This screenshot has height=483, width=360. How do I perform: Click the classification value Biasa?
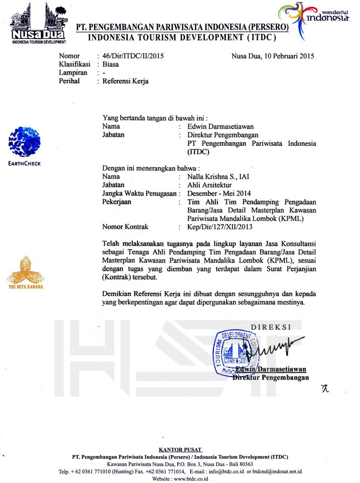point(111,64)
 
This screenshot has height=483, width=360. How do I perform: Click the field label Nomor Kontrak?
point(125,226)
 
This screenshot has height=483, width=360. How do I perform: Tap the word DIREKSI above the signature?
point(271,327)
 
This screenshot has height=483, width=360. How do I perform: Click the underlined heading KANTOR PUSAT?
point(180,450)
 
